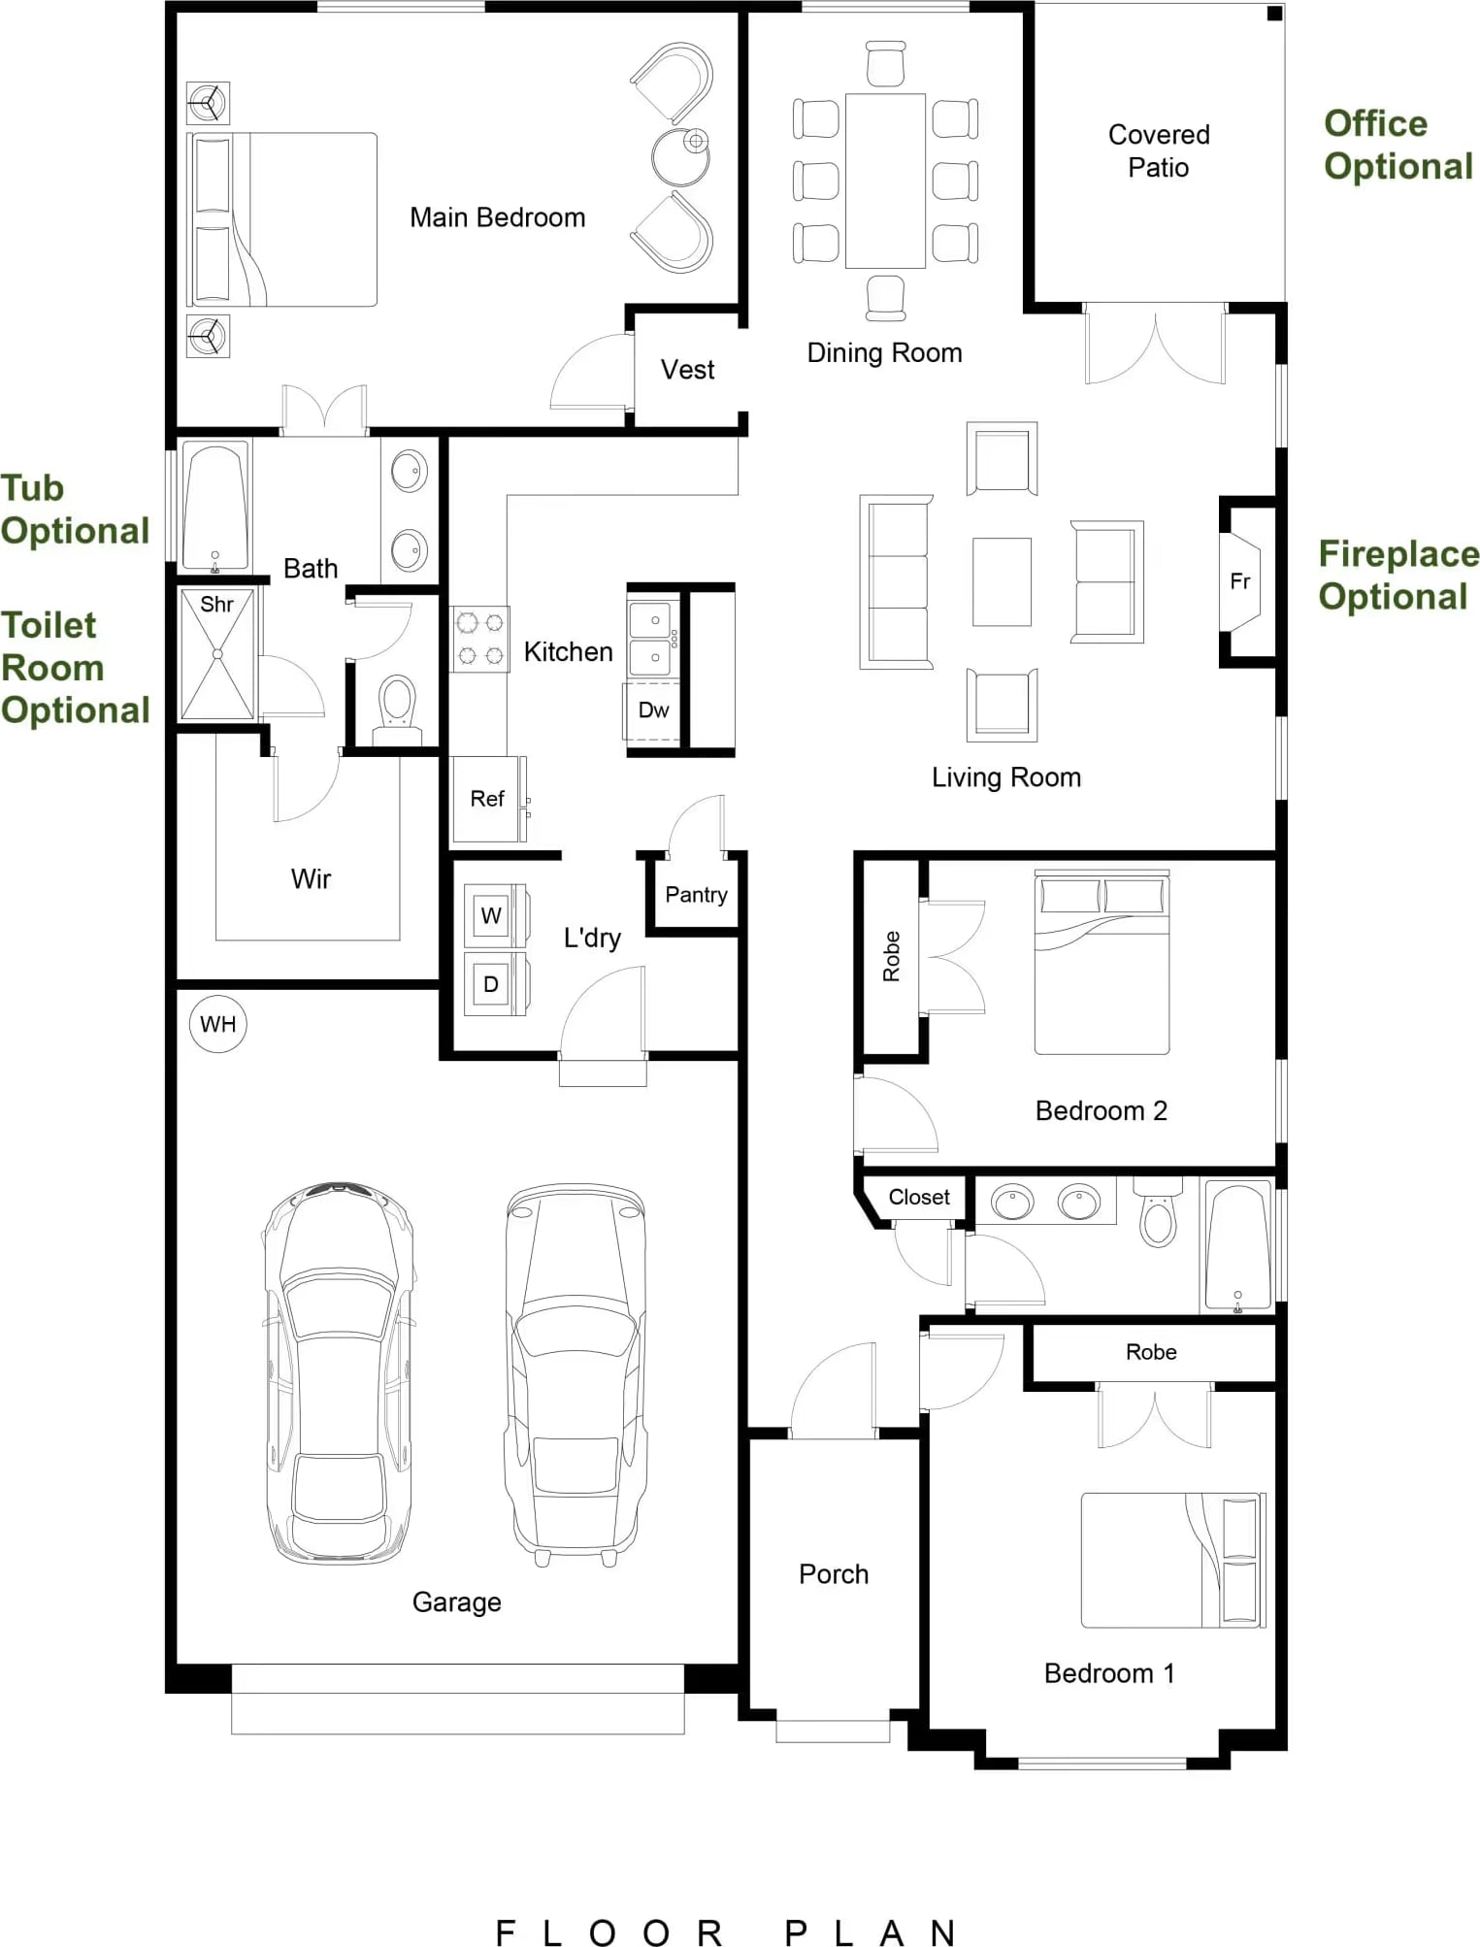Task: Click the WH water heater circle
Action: [218, 1024]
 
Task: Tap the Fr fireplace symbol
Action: [1240, 581]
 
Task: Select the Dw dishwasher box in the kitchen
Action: [652, 710]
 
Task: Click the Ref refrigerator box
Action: [488, 799]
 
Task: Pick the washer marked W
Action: [493, 915]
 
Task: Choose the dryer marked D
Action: [493, 984]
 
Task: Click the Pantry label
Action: [696, 895]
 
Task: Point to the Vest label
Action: [687, 370]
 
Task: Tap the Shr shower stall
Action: [217, 654]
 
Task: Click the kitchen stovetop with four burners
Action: [480, 640]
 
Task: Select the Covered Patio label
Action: [1159, 151]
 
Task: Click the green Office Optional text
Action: [1398, 145]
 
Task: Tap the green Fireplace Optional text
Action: [1398, 575]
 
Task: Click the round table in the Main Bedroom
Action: [680, 156]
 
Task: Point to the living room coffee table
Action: [1002, 582]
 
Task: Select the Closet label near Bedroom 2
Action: [919, 1198]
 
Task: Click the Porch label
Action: [834, 1574]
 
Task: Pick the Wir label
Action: [311, 879]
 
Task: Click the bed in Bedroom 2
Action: [1102, 962]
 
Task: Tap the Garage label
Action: [456, 1602]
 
